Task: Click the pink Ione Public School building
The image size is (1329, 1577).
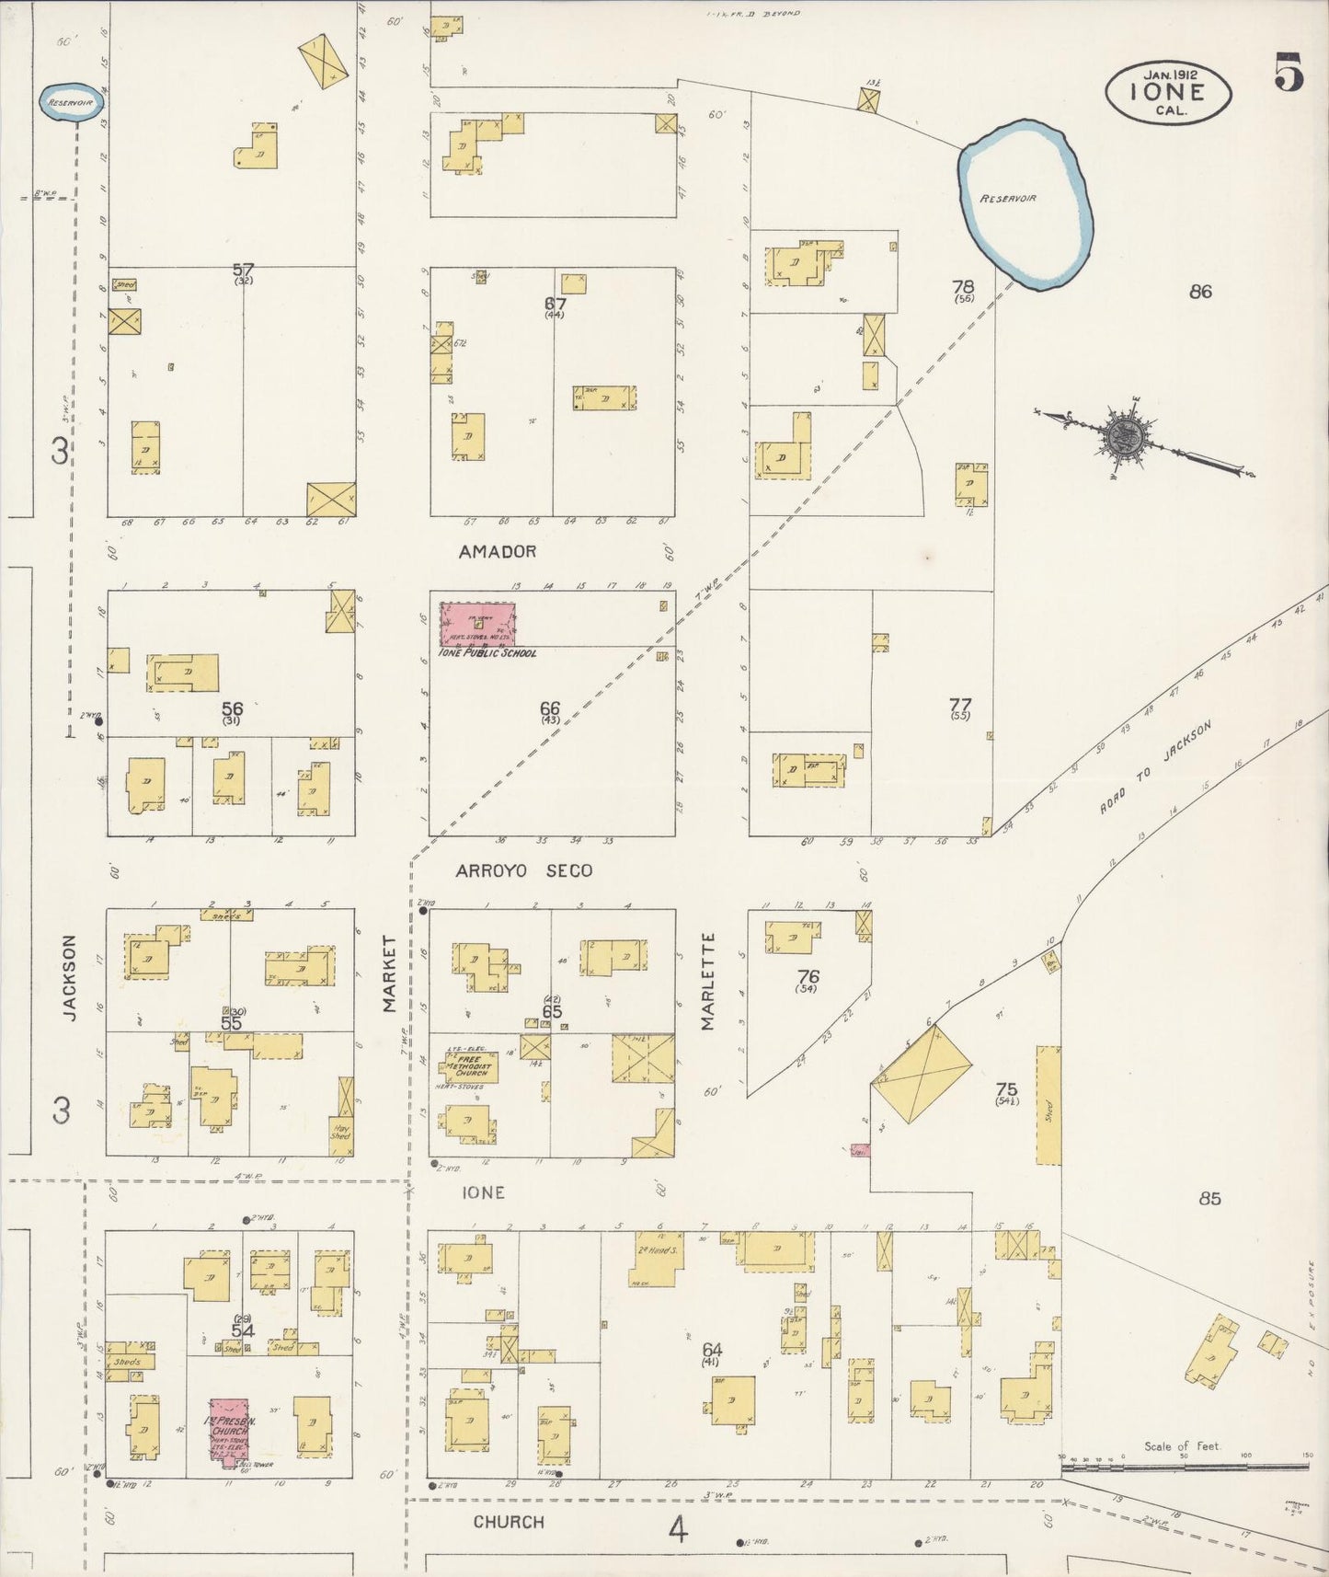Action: [x=477, y=625]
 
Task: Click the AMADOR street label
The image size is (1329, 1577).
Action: [x=498, y=551]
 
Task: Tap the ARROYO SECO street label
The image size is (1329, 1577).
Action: [x=524, y=870]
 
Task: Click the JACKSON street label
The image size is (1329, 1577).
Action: [x=70, y=977]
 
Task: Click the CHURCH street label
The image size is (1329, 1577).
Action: [x=509, y=1522]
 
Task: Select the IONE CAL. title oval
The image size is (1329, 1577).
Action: [x=1167, y=92]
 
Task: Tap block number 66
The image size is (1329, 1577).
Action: [x=550, y=708]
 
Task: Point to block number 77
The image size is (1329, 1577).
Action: [x=960, y=706]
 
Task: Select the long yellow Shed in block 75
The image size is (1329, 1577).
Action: [x=1048, y=1105]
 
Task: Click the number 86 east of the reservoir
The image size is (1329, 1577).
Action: [x=1199, y=292]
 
